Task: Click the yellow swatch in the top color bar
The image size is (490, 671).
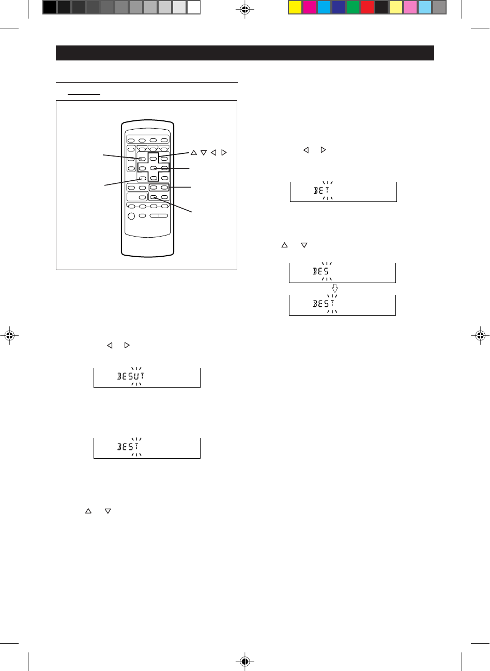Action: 295,7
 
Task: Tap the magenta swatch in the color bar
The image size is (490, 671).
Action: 310,7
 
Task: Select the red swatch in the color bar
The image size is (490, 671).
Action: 367,7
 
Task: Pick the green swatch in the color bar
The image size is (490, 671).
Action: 353,7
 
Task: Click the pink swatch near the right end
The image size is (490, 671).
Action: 410,7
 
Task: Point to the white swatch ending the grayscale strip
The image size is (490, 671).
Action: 194,7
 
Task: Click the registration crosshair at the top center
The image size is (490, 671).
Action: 245,9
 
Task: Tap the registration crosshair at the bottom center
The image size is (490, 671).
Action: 245,661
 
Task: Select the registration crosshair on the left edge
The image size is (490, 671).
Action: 9,335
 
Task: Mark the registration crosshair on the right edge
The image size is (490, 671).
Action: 481,335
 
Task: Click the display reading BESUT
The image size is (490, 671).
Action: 147,378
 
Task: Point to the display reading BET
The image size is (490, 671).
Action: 343,192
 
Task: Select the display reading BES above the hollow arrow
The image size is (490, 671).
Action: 342,272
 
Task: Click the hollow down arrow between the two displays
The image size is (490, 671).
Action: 335,289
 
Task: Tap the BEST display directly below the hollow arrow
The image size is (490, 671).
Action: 342,305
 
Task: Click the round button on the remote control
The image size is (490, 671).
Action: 132,215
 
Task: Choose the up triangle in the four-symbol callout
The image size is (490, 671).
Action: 194,152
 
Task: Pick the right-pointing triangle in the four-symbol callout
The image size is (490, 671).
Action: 223,152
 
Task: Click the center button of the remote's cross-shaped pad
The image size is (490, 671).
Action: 153,168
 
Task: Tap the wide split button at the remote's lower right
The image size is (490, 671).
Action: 159,215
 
